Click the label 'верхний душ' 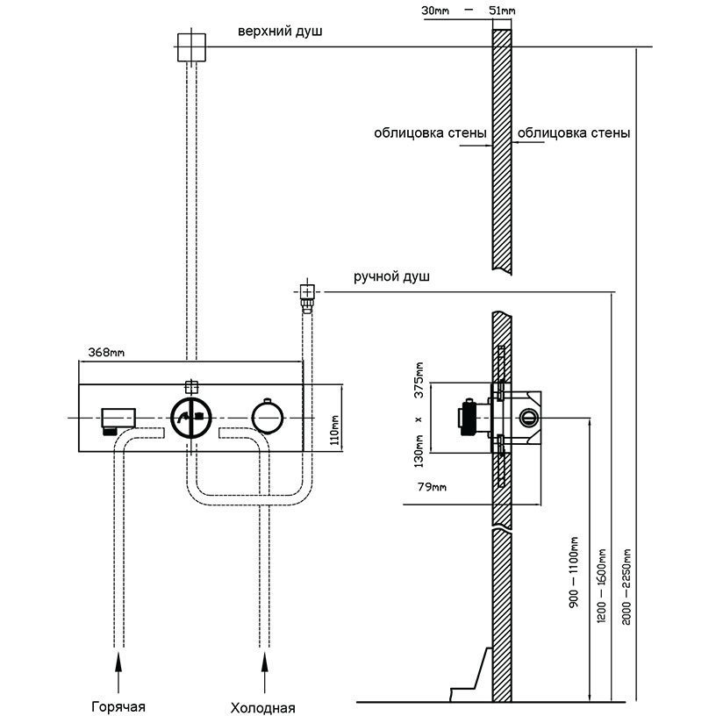tap(280, 32)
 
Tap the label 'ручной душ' tap(391, 277)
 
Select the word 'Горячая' tap(118, 706)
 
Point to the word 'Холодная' tap(262, 707)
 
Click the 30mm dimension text tap(435, 11)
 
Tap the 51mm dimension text tap(501, 11)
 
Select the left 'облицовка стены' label tap(430, 134)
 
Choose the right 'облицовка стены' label tap(574, 134)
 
